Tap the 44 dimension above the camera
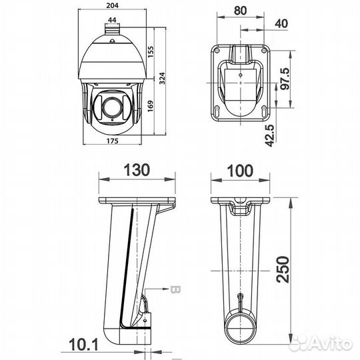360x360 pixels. click(x=111, y=19)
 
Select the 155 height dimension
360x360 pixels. click(x=151, y=53)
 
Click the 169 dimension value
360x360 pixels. click(x=151, y=106)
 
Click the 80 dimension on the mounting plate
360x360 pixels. click(x=240, y=11)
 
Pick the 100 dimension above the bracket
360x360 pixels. click(x=241, y=170)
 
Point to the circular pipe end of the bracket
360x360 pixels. click(x=241, y=328)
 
